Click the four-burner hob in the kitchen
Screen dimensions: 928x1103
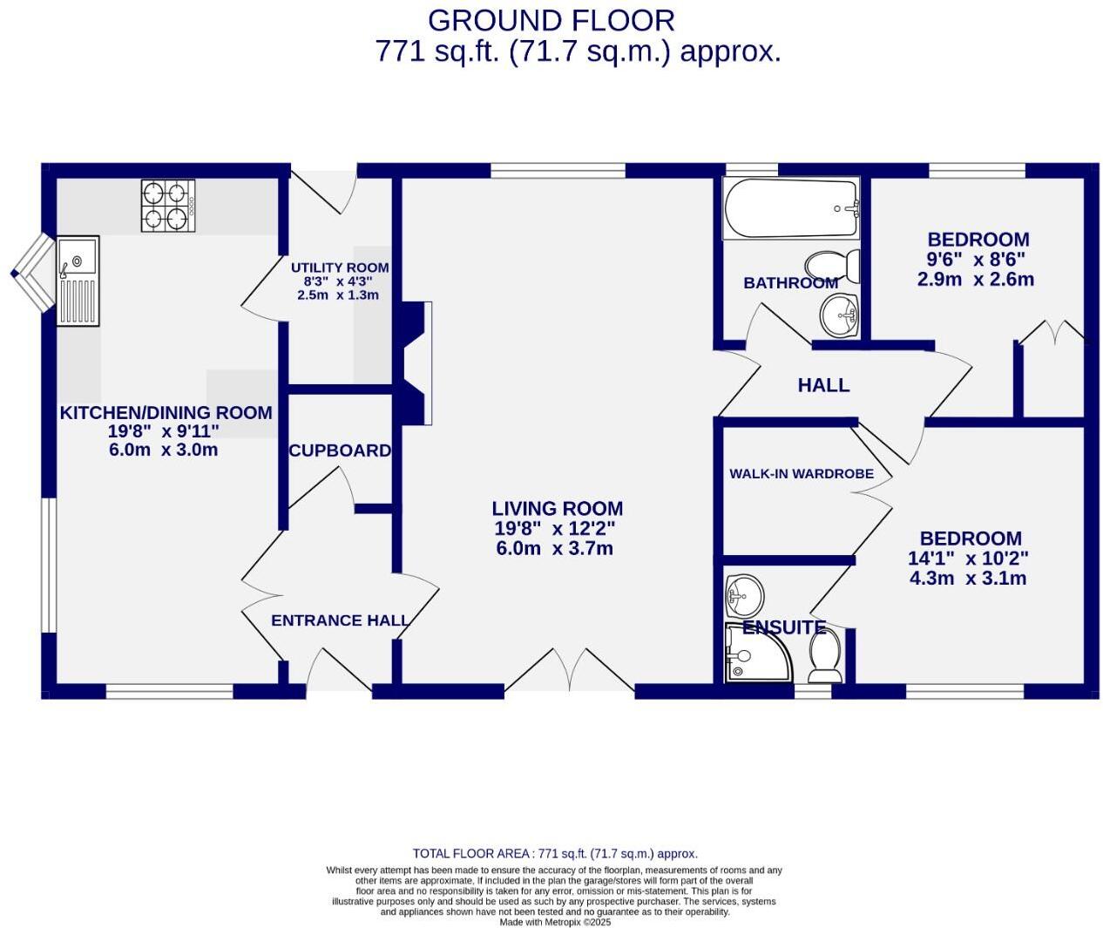168,206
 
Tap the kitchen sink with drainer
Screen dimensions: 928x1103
78,281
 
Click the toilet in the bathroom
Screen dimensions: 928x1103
833,266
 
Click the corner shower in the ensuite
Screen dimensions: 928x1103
755,653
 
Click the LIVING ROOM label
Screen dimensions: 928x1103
557,509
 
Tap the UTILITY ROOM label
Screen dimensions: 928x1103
340,268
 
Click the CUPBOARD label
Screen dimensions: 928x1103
340,450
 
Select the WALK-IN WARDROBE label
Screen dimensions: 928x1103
801,474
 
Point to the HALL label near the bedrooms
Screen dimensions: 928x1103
823,385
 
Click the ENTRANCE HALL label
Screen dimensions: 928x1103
340,620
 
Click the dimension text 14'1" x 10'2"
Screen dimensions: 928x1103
968,559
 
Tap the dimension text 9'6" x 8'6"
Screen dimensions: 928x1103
976,260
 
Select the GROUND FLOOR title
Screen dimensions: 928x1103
551,20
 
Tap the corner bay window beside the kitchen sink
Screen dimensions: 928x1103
33,273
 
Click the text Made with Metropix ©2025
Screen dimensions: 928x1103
555,922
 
